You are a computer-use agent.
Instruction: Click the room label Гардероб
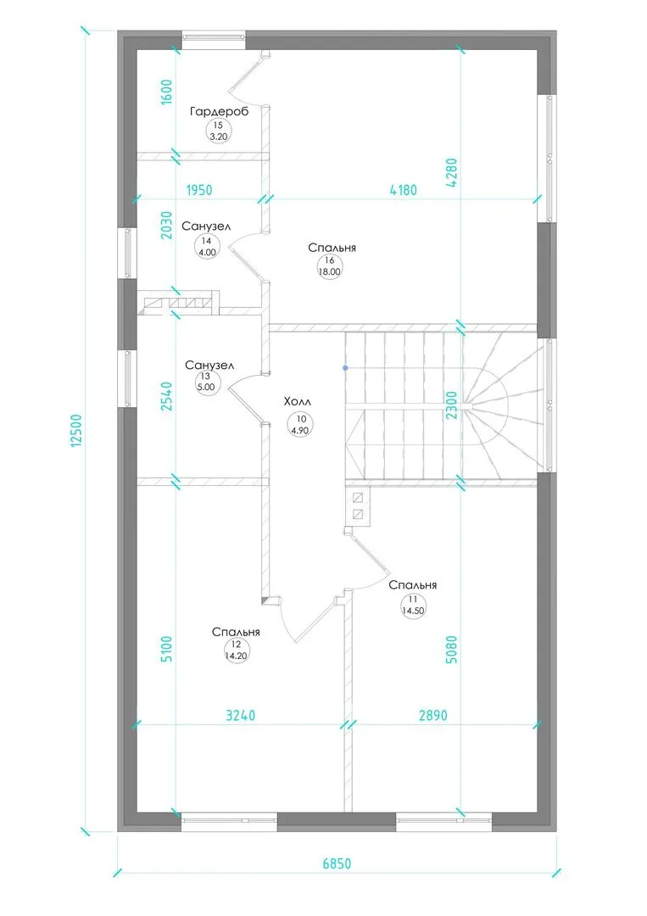(219, 111)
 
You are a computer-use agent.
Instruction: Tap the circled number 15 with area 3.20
(218, 131)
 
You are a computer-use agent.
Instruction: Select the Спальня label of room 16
(332, 249)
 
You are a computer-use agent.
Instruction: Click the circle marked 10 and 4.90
(300, 425)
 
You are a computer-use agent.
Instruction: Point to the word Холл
(298, 402)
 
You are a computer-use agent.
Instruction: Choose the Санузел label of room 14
(206, 226)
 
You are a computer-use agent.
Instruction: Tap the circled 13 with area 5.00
(205, 382)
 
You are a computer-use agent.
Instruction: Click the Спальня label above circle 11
(413, 585)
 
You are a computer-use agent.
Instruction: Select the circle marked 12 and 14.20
(236, 651)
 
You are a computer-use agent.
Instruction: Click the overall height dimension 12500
(76, 431)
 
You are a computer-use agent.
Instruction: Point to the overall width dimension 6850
(337, 863)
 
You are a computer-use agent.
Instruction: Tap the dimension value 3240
(241, 715)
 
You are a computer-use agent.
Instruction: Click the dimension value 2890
(433, 715)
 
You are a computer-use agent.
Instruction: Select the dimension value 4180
(403, 190)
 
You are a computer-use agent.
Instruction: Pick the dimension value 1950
(199, 190)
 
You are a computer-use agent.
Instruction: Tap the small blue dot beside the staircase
(346, 368)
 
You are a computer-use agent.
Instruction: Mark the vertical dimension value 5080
(451, 650)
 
